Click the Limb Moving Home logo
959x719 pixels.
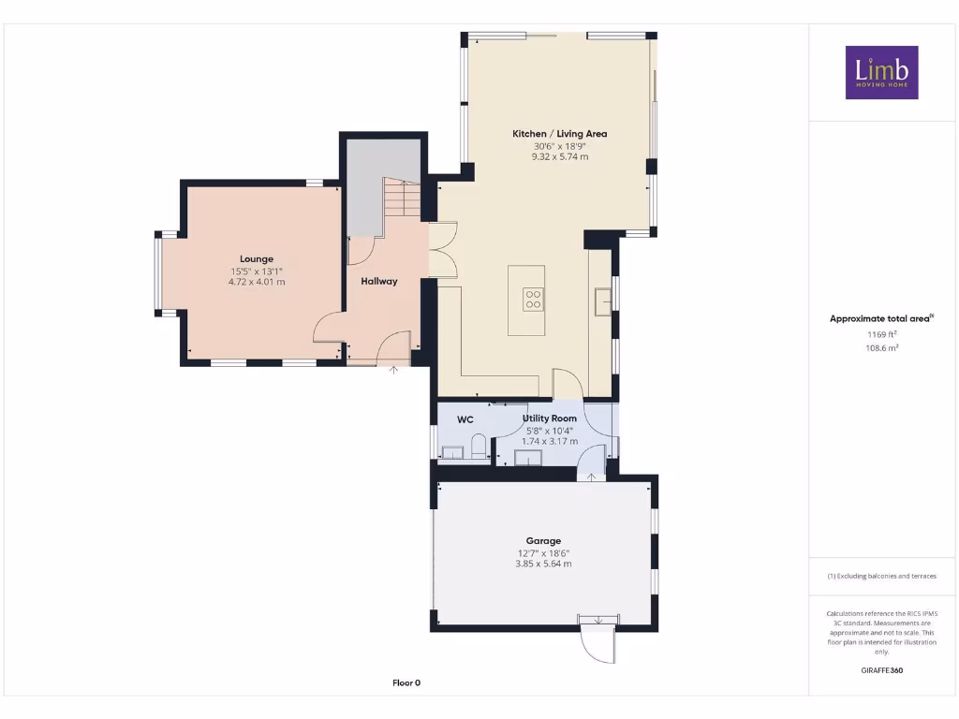click(x=881, y=72)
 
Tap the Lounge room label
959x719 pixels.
click(x=257, y=259)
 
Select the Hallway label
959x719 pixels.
click(x=379, y=281)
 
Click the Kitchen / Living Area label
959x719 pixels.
click(x=559, y=134)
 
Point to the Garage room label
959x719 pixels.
click(x=543, y=541)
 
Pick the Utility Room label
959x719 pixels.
click(x=550, y=418)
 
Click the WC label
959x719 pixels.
click(x=465, y=420)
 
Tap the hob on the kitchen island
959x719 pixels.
click(x=533, y=299)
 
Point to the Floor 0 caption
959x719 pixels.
click(x=406, y=682)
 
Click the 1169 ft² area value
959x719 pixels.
click(x=880, y=333)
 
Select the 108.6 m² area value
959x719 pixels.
click(x=880, y=347)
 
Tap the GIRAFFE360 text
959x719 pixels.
click(x=880, y=670)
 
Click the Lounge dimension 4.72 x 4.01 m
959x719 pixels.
click(x=257, y=282)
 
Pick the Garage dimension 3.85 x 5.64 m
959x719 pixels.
click(x=543, y=564)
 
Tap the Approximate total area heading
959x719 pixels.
click(x=879, y=319)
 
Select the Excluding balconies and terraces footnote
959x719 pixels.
click(x=880, y=576)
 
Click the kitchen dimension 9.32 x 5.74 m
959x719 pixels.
click(x=559, y=157)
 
